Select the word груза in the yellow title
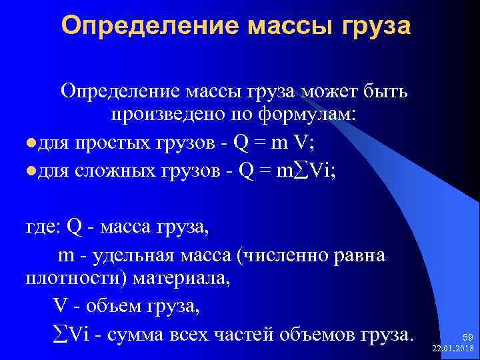pos(375,26)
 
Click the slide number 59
pos(467,339)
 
